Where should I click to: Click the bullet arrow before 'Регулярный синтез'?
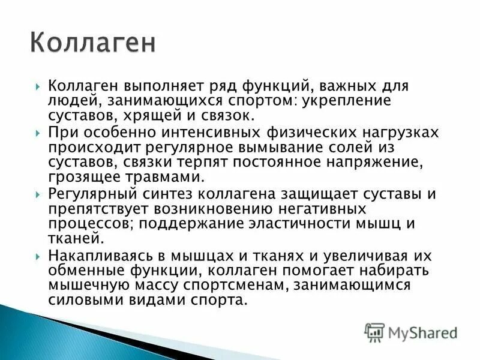(x=38, y=194)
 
